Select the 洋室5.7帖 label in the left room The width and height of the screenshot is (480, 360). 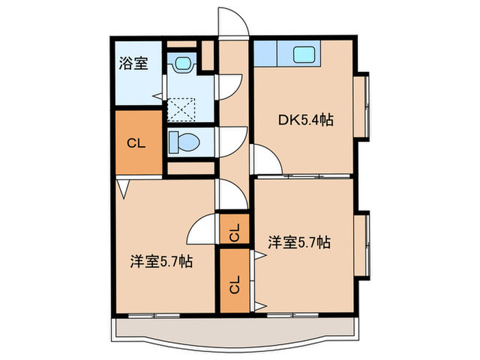tap(161, 262)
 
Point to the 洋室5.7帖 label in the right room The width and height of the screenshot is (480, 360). tap(299, 242)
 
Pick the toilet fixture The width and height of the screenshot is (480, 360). tap(184, 142)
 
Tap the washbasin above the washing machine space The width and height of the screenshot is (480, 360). tap(182, 64)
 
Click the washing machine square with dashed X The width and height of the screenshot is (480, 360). tap(182, 108)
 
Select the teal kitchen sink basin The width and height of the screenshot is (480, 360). tap(302, 53)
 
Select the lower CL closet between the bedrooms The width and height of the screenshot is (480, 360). tap(235, 283)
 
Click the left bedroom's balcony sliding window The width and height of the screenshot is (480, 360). tap(155, 315)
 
